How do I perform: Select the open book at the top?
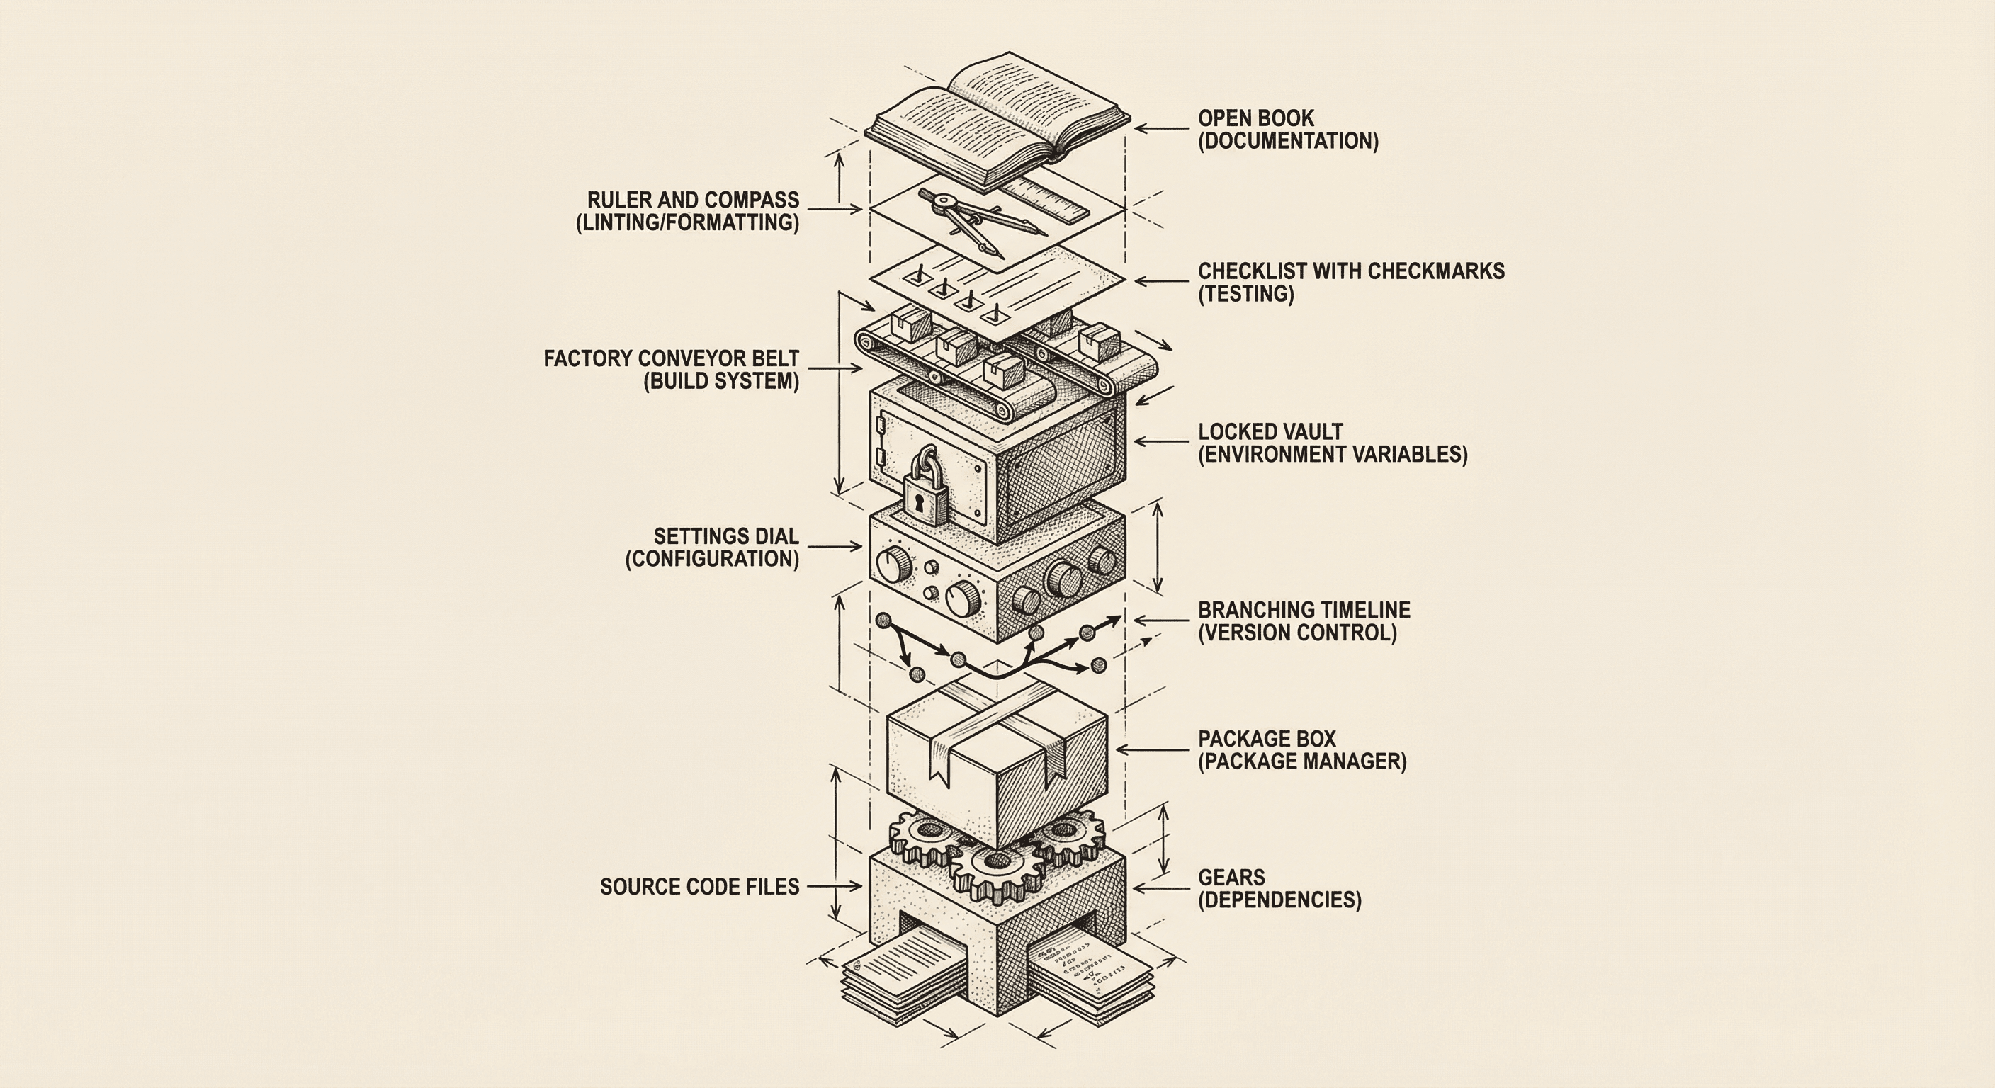click(x=997, y=116)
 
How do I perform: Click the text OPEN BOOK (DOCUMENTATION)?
click(x=1287, y=130)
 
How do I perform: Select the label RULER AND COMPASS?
click(x=692, y=200)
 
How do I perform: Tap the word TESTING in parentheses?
click(x=1246, y=294)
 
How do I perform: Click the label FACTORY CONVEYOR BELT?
click(x=671, y=358)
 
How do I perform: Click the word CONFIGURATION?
click(x=712, y=559)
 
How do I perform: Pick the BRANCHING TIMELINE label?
click(x=1304, y=610)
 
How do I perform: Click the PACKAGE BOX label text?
click(x=1266, y=739)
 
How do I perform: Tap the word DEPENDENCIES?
click(x=1279, y=900)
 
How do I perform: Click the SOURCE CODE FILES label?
click(x=699, y=887)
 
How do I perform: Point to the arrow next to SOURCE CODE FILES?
click(x=835, y=887)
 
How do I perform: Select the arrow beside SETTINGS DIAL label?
click(x=835, y=547)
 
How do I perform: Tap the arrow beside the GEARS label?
click(x=1161, y=888)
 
